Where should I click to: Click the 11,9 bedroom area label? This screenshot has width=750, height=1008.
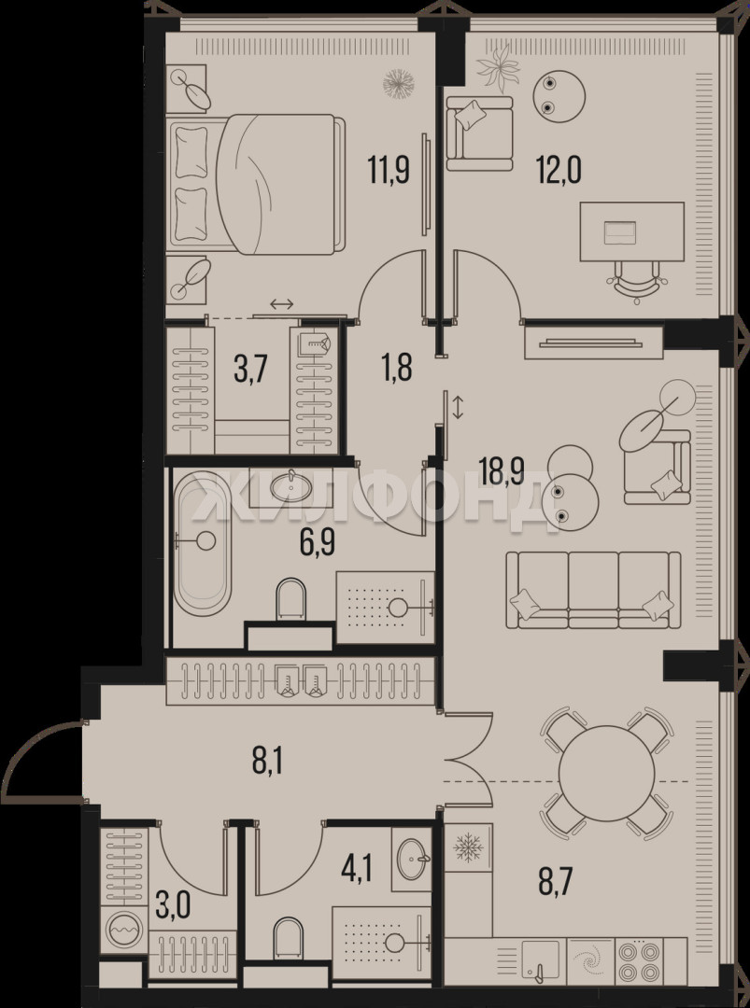click(389, 170)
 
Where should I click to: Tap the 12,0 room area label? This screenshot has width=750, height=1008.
click(559, 171)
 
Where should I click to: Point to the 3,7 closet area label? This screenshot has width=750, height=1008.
click(251, 371)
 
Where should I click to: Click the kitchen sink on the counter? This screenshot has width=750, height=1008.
click(542, 959)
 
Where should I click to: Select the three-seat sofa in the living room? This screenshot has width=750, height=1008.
click(593, 590)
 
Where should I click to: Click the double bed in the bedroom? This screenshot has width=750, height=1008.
click(254, 185)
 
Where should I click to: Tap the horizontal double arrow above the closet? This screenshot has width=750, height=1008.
click(282, 303)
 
